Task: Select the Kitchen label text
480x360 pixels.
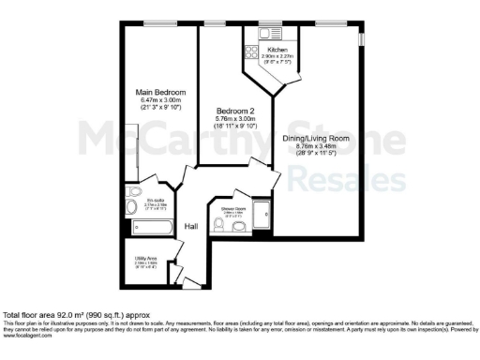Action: click(x=277, y=49)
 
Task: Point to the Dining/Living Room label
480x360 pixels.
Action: click(x=322, y=138)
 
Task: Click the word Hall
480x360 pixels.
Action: click(x=191, y=226)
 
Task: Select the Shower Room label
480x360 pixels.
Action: click(x=232, y=207)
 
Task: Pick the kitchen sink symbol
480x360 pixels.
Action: click(x=277, y=33)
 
